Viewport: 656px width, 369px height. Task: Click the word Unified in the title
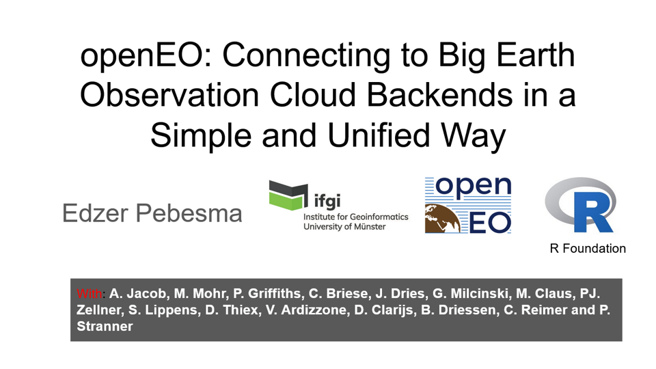click(x=379, y=135)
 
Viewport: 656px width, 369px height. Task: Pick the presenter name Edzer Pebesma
click(x=152, y=213)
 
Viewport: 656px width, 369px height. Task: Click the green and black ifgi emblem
click(x=288, y=195)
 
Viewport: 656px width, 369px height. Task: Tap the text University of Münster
click(x=344, y=227)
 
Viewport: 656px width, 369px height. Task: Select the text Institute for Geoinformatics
click(x=355, y=217)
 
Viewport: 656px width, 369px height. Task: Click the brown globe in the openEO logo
click(x=442, y=219)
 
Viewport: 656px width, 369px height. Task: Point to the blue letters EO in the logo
click(x=490, y=223)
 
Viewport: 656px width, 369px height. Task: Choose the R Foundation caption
click(x=588, y=249)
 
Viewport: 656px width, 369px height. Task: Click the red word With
click(x=89, y=293)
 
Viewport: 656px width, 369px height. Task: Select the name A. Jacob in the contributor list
click(x=137, y=293)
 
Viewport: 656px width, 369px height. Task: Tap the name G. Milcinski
click(x=471, y=293)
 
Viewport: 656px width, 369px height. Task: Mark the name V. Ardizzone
click(x=307, y=310)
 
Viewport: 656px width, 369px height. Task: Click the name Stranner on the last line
click(x=105, y=327)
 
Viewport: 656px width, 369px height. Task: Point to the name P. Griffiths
click(x=266, y=293)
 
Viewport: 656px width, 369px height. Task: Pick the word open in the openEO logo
click(x=473, y=187)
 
